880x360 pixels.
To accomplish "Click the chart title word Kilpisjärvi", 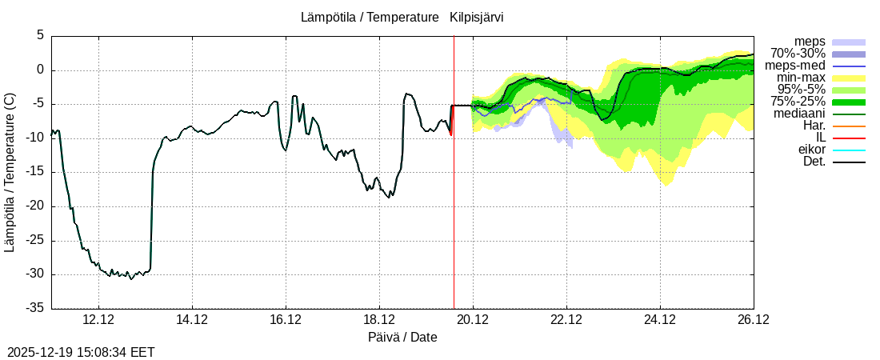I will (477, 17).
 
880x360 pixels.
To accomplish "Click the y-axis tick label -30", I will (35, 274).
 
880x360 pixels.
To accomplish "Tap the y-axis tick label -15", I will (35, 172).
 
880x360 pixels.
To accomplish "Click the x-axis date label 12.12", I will (98, 320).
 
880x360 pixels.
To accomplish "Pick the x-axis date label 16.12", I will (286, 320).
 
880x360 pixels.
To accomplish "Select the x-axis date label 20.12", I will (473, 320).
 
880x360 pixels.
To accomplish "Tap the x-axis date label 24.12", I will (660, 320).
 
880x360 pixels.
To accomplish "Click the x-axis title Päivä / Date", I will (402, 338).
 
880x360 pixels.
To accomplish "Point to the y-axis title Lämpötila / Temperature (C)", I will (10, 172).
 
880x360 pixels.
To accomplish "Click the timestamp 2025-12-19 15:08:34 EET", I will (81, 352).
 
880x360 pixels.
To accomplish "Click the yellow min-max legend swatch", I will (849, 78).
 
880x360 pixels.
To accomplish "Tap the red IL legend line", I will (849, 138).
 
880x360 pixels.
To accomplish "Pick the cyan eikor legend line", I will (849, 150).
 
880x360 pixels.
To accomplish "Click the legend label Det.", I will (814, 162).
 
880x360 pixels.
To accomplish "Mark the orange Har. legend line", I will (849, 126).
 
